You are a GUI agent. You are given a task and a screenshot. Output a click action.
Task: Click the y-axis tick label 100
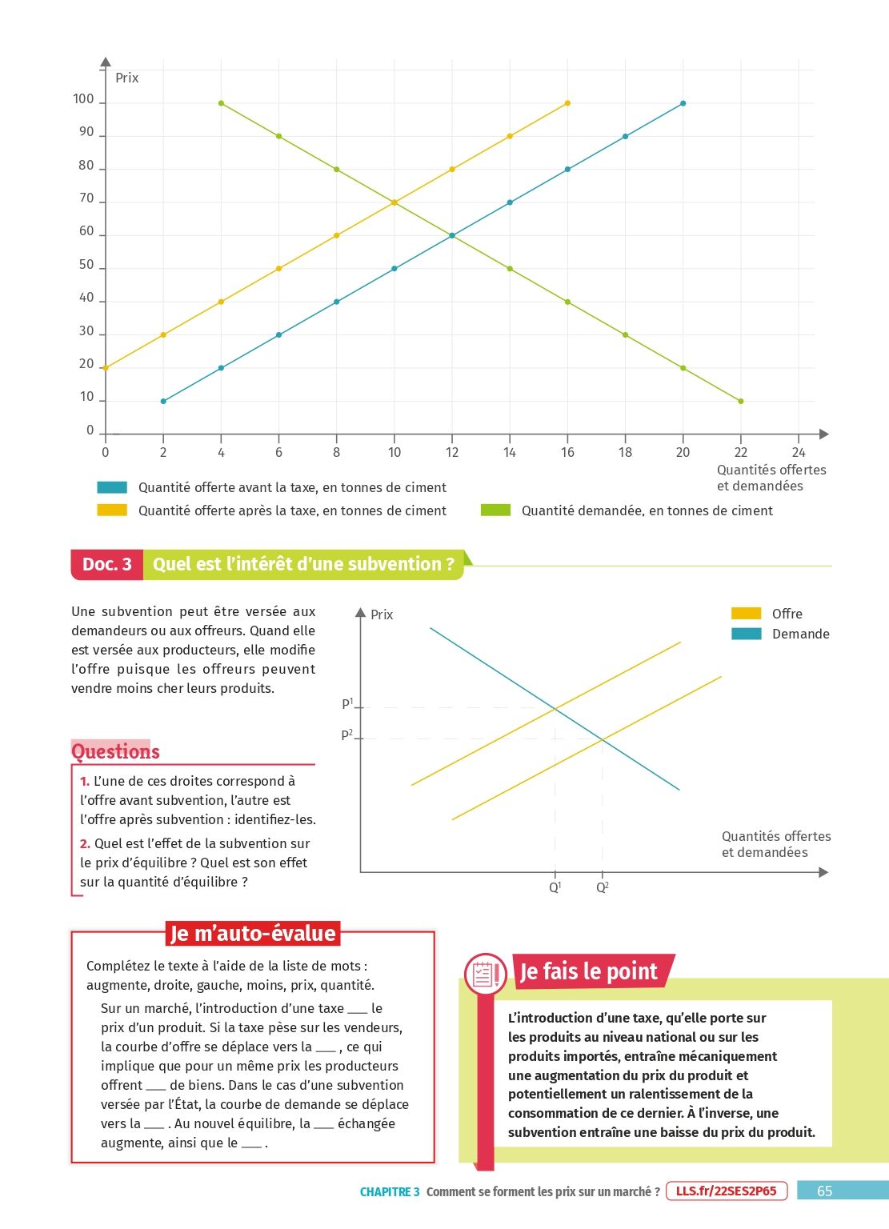[x=83, y=99]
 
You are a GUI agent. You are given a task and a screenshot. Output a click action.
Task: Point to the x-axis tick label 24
[x=799, y=452]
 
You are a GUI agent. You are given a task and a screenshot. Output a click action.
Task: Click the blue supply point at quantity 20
[x=683, y=103]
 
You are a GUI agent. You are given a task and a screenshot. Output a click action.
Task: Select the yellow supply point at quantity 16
[x=567, y=103]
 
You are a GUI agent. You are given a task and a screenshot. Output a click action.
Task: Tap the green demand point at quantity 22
[x=741, y=401]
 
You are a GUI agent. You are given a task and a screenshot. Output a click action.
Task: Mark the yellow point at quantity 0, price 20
[x=106, y=368]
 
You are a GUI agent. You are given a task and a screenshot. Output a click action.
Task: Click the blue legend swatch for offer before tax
[x=112, y=487]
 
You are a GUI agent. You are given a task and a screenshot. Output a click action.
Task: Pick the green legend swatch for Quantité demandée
[x=495, y=510]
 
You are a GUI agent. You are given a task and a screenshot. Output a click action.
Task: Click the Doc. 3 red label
[x=107, y=564]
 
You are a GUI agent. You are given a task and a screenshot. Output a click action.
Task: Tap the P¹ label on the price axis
[x=347, y=704]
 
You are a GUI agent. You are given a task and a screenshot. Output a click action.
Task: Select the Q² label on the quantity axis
[x=603, y=887]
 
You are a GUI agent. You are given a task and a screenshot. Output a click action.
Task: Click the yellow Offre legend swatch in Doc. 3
[x=746, y=614]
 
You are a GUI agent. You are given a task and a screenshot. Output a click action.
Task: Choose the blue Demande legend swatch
[x=746, y=634]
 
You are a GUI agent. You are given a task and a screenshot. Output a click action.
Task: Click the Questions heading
[x=115, y=751]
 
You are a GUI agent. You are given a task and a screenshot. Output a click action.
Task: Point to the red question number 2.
[x=85, y=843]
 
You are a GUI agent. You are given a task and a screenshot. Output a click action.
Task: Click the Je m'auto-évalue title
[x=253, y=934]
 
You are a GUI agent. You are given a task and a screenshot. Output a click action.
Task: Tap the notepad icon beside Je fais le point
[x=485, y=974]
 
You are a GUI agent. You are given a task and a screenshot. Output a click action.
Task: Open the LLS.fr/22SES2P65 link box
[x=726, y=1191]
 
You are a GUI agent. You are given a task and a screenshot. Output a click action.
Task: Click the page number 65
[x=824, y=1191]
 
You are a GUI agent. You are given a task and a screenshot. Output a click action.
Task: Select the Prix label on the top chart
[x=126, y=78]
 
